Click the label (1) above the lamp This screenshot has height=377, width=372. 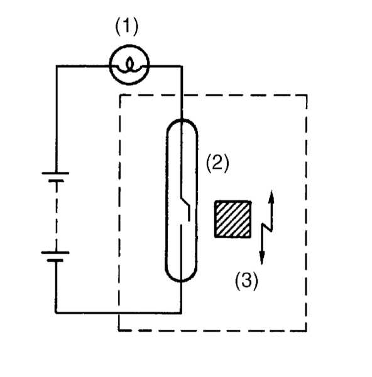(x=127, y=26)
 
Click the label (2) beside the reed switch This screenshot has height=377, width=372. (x=217, y=163)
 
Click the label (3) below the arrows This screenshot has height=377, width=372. (x=246, y=281)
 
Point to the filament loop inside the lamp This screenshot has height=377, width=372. (x=129, y=65)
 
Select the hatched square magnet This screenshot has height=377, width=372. (x=233, y=219)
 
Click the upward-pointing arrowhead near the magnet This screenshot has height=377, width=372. (x=271, y=197)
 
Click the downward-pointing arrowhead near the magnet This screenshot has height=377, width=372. (x=262, y=258)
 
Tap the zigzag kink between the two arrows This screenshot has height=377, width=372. (x=267, y=227)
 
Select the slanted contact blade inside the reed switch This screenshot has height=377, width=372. (x=185, y=202)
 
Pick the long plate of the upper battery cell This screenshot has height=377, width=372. (x=55, y=173)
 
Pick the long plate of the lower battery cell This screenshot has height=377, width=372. (x=55, y=253)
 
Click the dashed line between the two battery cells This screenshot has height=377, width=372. (x=57, y=216)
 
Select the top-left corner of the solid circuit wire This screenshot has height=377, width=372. (x=57, y=65)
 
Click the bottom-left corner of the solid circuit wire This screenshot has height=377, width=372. (x=56, y=313)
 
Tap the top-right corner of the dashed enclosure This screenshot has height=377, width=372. (x=307, y=96)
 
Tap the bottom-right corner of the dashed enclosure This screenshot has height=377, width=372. (x=307, y=331)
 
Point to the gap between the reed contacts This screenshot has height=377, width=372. (x=185, y=222)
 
